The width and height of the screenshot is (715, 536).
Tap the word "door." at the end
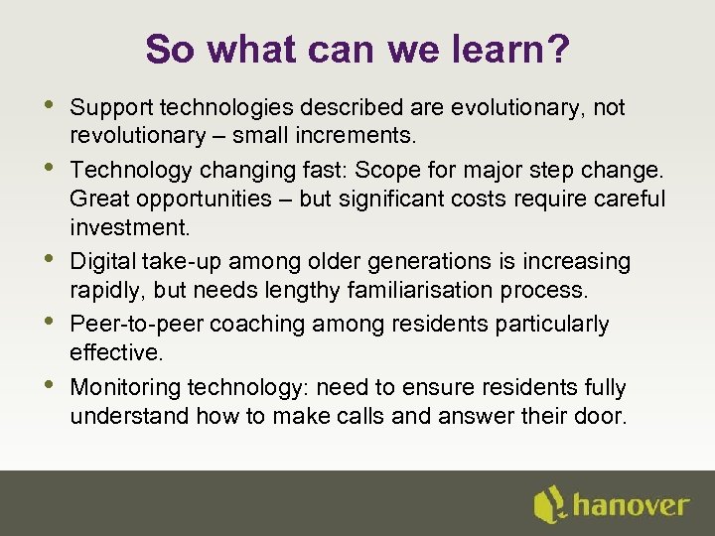tap(600, 416)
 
